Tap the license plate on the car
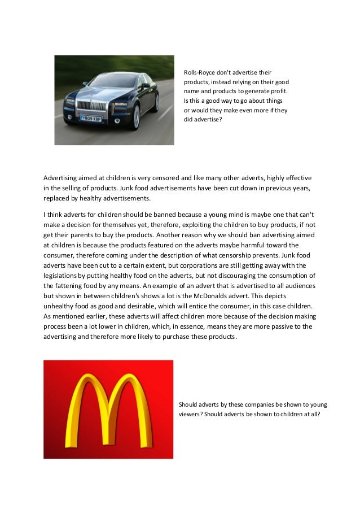[x=90, y=119]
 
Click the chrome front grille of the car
[x=88, y=104]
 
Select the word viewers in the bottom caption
[x=192, y=414]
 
